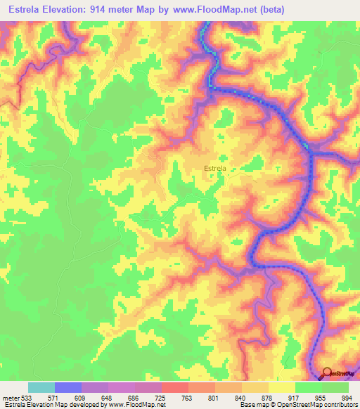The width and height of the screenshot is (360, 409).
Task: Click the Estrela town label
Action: click(214, 169)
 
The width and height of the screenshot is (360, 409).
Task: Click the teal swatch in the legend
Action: click(41, 387)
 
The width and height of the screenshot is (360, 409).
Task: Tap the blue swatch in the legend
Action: click(68, 387)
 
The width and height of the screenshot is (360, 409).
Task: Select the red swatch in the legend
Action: click(175, 387)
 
